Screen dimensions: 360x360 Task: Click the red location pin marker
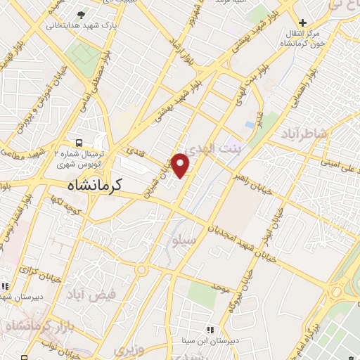click(x=181, y=165)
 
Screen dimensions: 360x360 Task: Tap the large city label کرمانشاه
click(x=96, y=186)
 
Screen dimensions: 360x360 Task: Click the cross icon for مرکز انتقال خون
click(x=303, y=22)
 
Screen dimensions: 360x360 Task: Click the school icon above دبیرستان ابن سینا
click(x=209, y=329)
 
